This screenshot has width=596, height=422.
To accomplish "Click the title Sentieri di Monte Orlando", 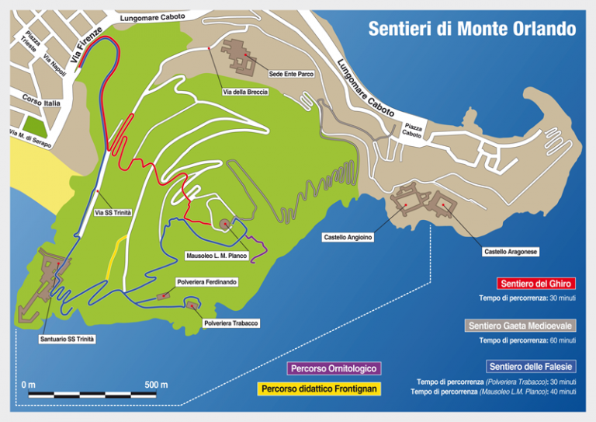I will point(472,30).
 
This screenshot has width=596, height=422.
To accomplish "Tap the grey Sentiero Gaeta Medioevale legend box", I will point(521,326).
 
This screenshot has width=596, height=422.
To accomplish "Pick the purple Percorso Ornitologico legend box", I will point(334,368).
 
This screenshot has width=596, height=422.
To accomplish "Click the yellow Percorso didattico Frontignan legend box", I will point(318,388).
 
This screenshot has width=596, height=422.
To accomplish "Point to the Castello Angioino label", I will point(348,237).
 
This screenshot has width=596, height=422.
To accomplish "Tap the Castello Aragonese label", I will point(511,252).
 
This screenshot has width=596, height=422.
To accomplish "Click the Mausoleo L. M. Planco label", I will point(217,255).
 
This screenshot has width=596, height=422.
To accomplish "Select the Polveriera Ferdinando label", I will point(207,281).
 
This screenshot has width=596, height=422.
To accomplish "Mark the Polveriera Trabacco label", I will point(230,323).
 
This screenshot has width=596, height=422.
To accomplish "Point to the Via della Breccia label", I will point(246,92).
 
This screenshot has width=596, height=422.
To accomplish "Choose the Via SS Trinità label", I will point(113,212).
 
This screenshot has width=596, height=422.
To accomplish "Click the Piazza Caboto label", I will point(412,130).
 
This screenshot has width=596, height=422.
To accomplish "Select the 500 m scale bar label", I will point(156,385).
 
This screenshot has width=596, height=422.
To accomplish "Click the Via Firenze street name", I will point(85,46).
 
